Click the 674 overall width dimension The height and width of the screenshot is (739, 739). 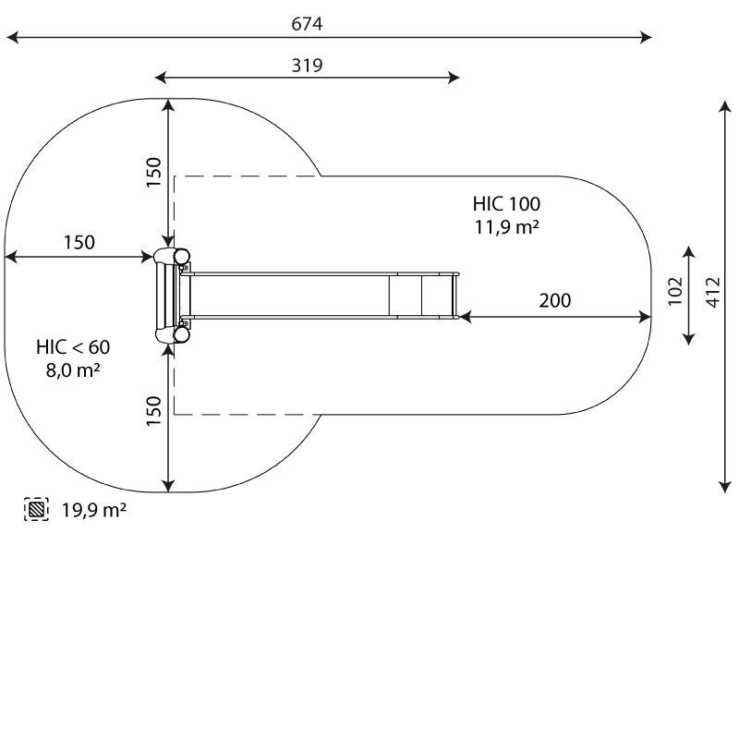pyautogui.click(x=307, y=25)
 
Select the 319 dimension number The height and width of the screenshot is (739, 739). pyautogui.click(x=307, y=65)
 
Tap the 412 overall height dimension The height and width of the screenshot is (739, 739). pyautogui.click(x=712, y=292)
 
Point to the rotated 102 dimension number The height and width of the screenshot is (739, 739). pyautogui.click(x=674, y=290)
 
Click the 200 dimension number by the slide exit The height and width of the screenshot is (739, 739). pyautogui.click(x=554, y=300)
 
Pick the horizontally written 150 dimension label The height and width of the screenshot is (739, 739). pyautogui.click(x=79, y=243)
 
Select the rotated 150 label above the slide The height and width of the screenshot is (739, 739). pyautogui.click(x=153, y=173)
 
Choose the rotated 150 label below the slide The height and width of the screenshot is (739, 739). pyautogui.click(x=153, y=411)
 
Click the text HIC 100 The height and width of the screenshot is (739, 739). pyautogui.click(x=506, y=204)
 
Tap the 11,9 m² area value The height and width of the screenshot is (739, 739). pyautogui.click(x=506, y=227)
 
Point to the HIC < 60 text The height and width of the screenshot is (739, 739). pyautogui.click(x=73, y=347)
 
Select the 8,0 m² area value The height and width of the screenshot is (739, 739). pyautogui.click(x=73, y=370)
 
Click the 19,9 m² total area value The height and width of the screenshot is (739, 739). pyautogui.click(x=94, y=509)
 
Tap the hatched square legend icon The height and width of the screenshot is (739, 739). pyautogui.click(x=36, y=509)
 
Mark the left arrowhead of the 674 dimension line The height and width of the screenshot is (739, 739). pyautogui.click(x=11, y=38)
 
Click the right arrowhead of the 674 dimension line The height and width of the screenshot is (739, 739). pyautogui.click(x=647, y=38)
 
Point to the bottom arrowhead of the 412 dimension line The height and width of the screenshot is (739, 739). pyautogui.click(x=725, y=485)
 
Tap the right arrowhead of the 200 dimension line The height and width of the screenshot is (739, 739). pyautogui.click(x=646, y=317)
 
